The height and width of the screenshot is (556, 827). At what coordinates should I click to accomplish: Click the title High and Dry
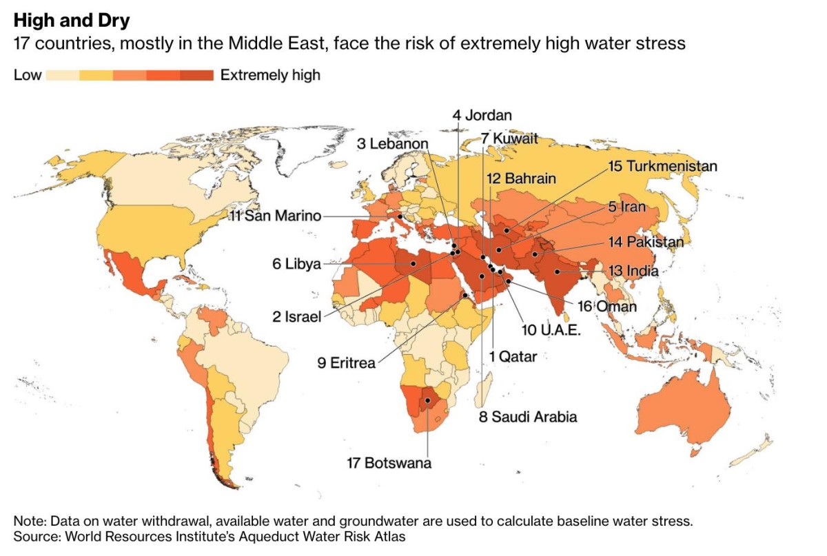pos(71,21)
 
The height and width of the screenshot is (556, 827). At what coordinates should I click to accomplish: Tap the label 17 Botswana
pos(389,462)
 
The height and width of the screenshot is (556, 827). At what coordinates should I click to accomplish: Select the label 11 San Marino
pos(275,216)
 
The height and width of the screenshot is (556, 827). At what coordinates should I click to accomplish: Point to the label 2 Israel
pos(296,317)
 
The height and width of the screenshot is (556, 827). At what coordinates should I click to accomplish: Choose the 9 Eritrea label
pos(347,362)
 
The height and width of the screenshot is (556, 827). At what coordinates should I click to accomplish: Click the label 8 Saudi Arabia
pos(527,416)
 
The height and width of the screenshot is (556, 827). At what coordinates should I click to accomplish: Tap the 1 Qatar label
pos(513,356)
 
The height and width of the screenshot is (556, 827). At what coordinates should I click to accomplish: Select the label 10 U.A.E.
pos(551,330)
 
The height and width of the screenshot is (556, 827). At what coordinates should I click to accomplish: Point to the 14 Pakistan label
pos(646,242)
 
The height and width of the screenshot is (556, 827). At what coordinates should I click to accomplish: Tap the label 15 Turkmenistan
pos(662,166)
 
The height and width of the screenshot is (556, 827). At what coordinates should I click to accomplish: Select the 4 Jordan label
pos(482,115)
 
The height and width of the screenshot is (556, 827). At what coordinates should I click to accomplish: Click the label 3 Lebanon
pos(392,144)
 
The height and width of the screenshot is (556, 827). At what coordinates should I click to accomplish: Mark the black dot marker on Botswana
pos(428,400)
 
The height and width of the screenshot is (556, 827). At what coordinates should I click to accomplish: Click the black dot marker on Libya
pos(413,263)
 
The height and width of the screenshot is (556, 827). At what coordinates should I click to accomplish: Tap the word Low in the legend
pos(28,75)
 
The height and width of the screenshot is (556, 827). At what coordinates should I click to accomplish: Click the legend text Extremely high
pos(270,75)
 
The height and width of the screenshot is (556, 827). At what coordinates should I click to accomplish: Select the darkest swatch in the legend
pos(197,75)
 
